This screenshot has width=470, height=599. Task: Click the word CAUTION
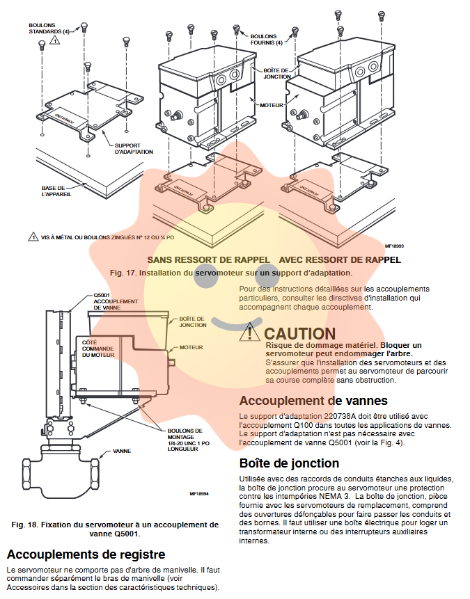point(299,334)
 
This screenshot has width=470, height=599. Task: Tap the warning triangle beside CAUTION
point(249,333)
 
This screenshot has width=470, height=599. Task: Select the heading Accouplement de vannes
point(313,400)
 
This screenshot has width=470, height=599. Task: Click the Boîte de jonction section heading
point(289,463)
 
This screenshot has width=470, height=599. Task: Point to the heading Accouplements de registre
point(86,554)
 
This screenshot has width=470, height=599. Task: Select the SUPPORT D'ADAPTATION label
point(133,148)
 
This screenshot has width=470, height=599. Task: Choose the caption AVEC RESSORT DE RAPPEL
point(339,259)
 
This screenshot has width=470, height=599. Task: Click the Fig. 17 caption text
point(231,273)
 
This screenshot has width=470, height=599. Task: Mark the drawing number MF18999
point(394,246)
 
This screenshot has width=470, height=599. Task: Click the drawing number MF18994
point(199,494)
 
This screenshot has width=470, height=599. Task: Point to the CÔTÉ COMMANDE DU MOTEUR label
point(97,348)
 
